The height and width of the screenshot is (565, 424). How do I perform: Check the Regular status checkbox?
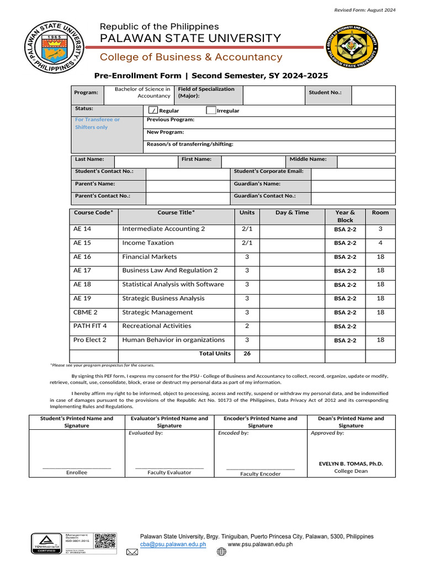coord(154,110)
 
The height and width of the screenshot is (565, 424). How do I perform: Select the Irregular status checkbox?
coord(211,110)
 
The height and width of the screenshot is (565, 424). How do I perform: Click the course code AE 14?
coord(82,229)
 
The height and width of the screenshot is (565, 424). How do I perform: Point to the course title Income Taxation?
coord(148,243)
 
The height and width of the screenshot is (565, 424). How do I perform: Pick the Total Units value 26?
coord(247,354)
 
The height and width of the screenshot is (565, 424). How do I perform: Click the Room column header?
coord(380,212)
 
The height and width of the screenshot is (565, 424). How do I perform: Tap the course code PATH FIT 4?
coord(90,326)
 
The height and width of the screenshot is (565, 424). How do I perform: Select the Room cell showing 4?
coord(380,243)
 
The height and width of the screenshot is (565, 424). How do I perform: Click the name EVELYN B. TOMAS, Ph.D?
coord(351,464)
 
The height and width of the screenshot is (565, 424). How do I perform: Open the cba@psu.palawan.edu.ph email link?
coord(173,544)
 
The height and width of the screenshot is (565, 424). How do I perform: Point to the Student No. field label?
coord(325,93)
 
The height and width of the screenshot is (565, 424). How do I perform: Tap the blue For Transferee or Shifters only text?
coord(97,123)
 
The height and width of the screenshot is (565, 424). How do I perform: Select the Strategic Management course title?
coord(157,312)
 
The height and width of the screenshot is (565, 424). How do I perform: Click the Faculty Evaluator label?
coord(169,472)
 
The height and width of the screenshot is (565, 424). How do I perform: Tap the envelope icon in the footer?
coord(132,552)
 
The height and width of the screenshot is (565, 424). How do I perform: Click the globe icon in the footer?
coord(221,551)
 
